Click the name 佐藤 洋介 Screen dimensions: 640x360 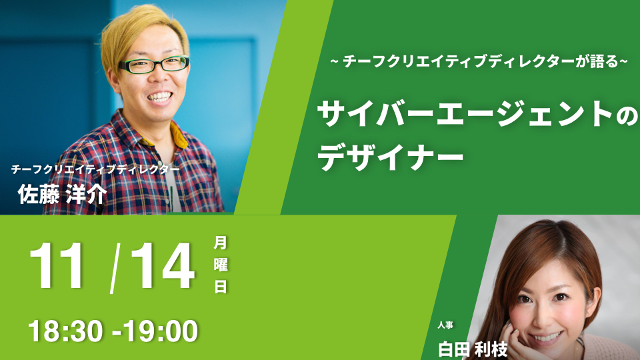tap(62, 194)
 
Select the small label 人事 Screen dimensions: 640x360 tap(445, 325)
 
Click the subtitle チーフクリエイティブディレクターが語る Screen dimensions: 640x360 tap(481, 61)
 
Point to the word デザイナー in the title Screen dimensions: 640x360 tap(391, 157)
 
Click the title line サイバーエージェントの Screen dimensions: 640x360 tap(477, 115)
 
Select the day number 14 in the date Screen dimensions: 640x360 tap(163, 266)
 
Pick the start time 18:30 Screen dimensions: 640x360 tap(65, 331)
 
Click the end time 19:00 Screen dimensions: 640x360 tap(161, 331)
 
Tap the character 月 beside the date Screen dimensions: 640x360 tap(221, 243)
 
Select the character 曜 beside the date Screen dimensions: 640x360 tap(221, 265)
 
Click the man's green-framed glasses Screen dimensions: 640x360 tap(154, 65)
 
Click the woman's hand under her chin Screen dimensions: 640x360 tap(515, 339)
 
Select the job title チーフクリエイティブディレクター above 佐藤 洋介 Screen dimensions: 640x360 tap(95, 169)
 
